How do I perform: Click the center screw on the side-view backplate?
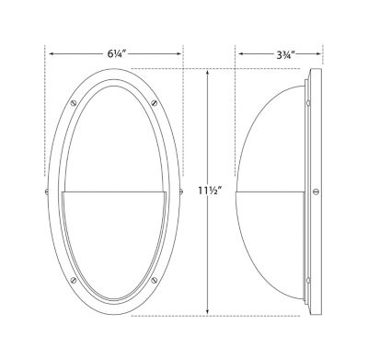(316, 192)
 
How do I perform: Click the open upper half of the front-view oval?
(115, 138)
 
